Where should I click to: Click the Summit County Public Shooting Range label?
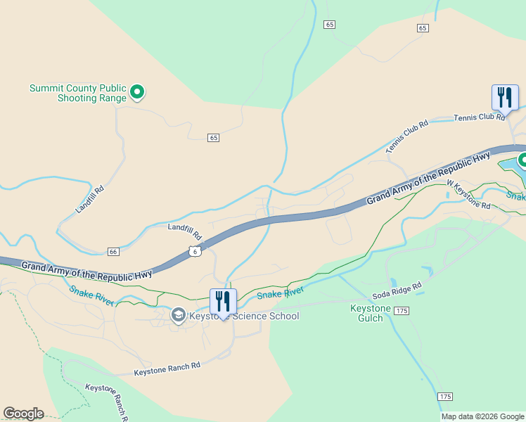pos(77,93)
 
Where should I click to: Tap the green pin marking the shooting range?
pos(139,91)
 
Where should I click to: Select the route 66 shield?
pos(113,251)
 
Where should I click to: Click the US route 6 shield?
pos(195,250)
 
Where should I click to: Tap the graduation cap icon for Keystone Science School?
pos(179,315)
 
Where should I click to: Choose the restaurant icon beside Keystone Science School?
pos(223,302)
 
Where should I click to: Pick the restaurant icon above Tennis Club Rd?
pos(504,98)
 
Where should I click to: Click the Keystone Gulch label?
pos(367,313)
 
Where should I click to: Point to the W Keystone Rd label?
pos(468,194)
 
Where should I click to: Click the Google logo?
pos(23,414)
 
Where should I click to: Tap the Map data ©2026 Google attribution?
pos(483,416)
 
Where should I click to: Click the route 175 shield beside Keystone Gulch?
pos(402,310)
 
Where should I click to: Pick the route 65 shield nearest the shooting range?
pos(214,137)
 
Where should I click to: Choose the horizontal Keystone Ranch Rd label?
pos(167,366)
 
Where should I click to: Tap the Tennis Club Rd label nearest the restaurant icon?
pos(480,117)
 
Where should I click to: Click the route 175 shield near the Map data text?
pos(444,397)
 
